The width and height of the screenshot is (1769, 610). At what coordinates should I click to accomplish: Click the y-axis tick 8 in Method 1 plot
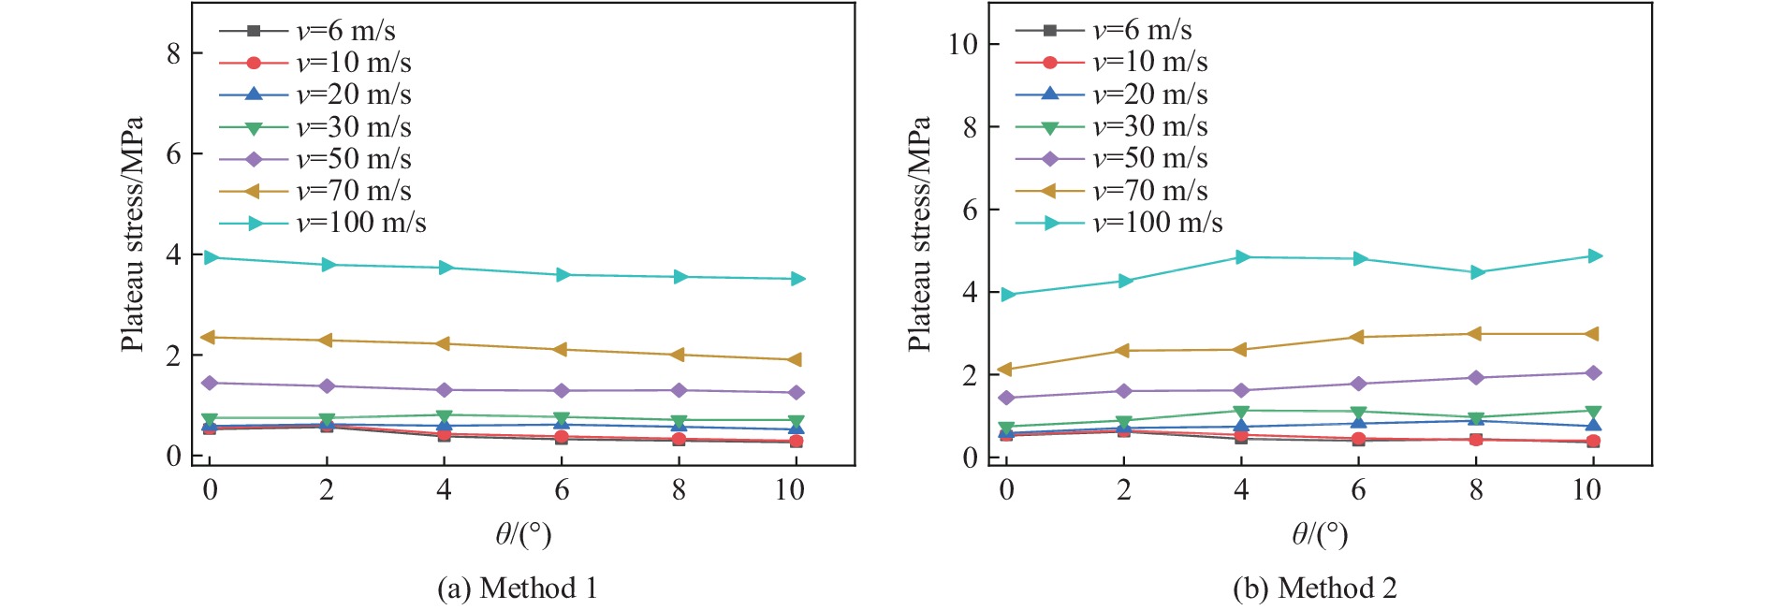point(174,53)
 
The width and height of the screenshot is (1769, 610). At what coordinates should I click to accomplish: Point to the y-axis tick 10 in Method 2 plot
point(963,44)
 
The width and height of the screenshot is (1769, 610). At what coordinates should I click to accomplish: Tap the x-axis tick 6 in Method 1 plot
point(562,489)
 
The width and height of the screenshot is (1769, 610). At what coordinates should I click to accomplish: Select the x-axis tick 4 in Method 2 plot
point(1241,489)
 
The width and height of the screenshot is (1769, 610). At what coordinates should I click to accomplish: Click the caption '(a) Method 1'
point(517,588)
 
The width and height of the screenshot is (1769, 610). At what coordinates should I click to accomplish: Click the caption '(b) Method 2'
point(1315,588)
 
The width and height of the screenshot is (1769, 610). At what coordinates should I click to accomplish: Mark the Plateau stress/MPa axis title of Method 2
point(920,234)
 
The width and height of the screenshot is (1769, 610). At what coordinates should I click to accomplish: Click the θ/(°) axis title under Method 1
point(523,534)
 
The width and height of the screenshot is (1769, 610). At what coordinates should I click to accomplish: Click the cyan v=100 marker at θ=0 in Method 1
point(211,257)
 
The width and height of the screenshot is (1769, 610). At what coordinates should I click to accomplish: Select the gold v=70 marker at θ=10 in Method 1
point(796,359)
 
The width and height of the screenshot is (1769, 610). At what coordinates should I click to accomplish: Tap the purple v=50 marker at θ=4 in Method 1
point(445,390)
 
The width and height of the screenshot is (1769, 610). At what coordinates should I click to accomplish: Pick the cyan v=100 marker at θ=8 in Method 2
point(1477,272)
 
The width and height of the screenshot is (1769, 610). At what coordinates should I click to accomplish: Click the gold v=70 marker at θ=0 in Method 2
point(1006,370)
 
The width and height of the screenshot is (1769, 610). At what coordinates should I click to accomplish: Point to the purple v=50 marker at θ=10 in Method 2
point(1594,373)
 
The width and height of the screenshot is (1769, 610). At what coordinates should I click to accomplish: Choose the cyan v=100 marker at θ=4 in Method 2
point(1242,257)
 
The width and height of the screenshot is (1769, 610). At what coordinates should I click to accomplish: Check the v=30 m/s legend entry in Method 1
point(353,127)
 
